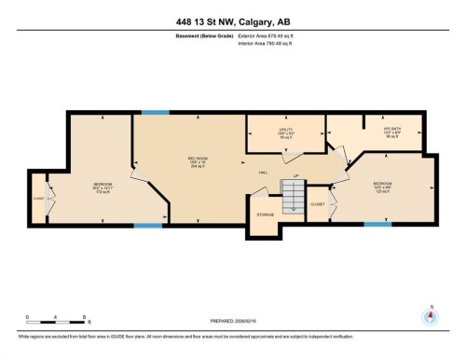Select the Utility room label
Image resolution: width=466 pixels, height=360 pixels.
286,133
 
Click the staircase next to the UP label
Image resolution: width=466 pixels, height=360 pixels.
294,197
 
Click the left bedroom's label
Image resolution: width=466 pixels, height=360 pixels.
103,186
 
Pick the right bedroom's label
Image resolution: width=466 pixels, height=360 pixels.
383,185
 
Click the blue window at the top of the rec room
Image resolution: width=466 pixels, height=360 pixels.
156,113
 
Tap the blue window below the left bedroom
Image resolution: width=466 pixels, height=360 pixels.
147,225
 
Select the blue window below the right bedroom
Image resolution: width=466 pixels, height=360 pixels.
377,225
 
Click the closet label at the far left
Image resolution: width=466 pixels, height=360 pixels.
39,198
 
